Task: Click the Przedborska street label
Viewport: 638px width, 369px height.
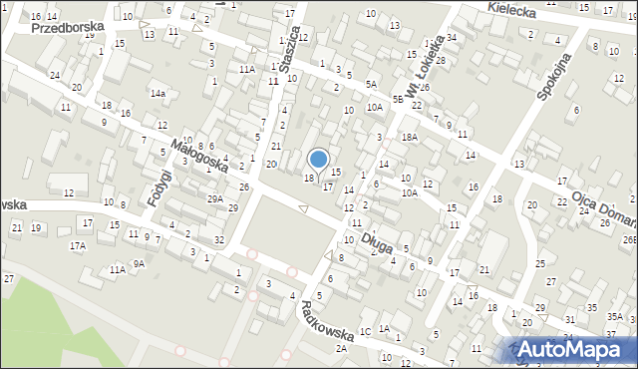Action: click(68, 28)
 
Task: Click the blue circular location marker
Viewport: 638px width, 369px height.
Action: click(319, 158)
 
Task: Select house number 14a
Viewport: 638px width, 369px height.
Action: click(158, 93)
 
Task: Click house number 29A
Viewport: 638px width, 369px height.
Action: click(215, 198)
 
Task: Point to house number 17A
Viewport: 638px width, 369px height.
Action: click(78, 244)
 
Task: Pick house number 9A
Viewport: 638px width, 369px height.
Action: click(140, 263)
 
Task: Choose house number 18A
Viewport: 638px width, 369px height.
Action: click(408, 136)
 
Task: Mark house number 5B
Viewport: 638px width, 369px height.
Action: click(398, 99)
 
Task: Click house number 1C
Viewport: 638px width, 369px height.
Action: click(365, 331)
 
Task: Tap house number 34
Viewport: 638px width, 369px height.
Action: click(452, 38)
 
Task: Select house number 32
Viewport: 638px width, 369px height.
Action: click(218, 239)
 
